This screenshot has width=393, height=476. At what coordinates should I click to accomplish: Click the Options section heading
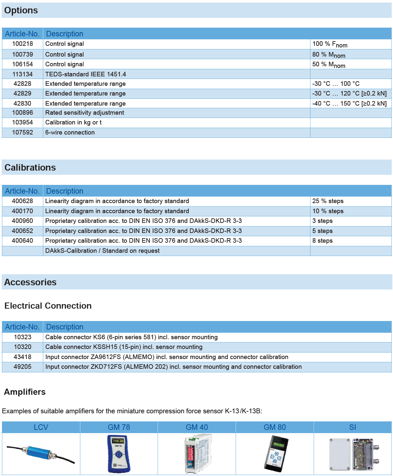click(x=21, y=10)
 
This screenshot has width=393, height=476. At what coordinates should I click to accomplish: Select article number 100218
click(x=22, y=44)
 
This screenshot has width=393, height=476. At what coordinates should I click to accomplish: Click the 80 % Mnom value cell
click(x=329, y=55)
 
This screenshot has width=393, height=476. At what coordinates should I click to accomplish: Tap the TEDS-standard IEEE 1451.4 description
click(x=85, y=74)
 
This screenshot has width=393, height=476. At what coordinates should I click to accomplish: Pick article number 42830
click(x=22, y=103)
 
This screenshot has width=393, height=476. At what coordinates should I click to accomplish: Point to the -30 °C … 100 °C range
click(x=336, y=84)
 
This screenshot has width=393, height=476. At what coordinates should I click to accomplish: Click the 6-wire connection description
click(x=70, y=133)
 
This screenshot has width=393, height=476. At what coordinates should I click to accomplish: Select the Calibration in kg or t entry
click(x=73, y=122)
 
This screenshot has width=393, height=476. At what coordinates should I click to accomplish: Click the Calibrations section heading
click(x=30, y=167)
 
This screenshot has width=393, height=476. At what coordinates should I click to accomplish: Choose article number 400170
click(x=22, y=211)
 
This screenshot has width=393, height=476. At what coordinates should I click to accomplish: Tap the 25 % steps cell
click(x=328, y=201)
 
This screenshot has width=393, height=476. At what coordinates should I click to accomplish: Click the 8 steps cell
click(x=322, y=241)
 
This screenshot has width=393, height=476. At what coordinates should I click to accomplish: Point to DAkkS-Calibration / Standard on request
click(x=102, y=251)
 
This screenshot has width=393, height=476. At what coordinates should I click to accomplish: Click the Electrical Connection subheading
click(x=48, y=306)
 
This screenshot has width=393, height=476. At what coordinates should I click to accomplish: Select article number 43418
click(x=22, y=357)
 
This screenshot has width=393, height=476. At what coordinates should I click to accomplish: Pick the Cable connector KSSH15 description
click(x=124, y=347)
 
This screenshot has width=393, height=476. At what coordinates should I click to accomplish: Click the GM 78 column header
click(x=119, y=427)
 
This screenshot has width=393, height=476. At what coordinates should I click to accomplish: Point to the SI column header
click(x=353, y=427)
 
